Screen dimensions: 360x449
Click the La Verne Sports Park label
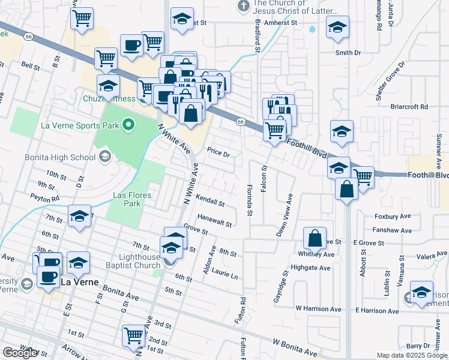click(x=78, y=125)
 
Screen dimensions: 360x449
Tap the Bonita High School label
click(x=59, y=157)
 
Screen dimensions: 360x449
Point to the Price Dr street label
click(x=218, y=153)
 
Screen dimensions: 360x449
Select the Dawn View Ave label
click(x=284, y=215)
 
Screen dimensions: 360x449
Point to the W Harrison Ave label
click(x=318, y=309)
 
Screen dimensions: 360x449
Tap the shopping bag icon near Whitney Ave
click(x=315, y=238)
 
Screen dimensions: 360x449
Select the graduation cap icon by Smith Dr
click(x=337, y=27)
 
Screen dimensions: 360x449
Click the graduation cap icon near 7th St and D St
click(x=79, y=217)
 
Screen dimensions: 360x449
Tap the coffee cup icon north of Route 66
click(x=131, y=44)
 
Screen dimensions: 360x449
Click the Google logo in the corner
click(x=21, y=353)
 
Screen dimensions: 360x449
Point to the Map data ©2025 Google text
click(x=412, y=355)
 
